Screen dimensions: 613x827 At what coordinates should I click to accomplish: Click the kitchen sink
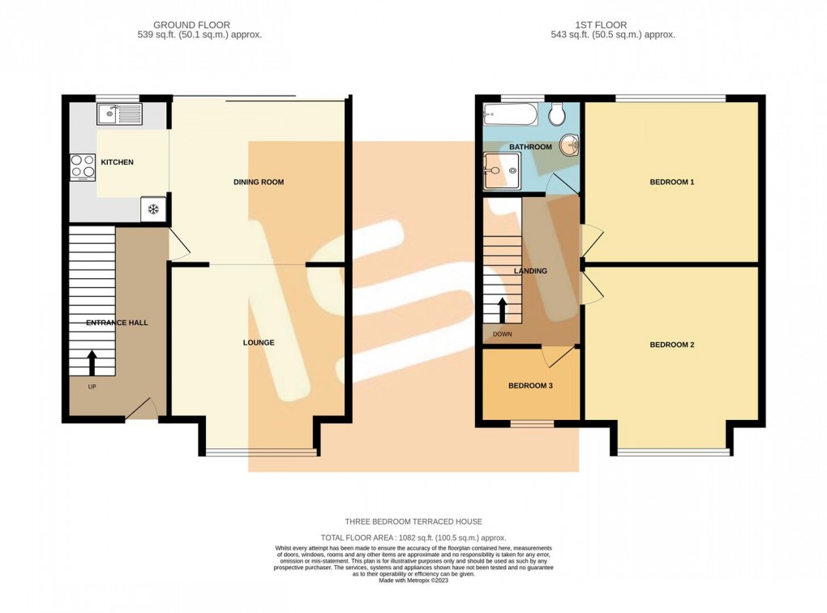click(x=118, y=114)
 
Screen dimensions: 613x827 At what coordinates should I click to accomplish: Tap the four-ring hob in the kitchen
click(x=82, y=165)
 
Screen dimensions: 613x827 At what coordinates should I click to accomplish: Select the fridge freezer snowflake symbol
click(x=152, y=209)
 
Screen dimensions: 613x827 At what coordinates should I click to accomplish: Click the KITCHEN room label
click(x=117, y=162)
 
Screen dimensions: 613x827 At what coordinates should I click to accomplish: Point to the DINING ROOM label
click(x=258, y=182)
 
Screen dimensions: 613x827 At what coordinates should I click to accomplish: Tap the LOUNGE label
click(x=259, y=343)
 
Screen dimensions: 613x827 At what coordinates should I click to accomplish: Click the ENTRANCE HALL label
click(x=117, y=323)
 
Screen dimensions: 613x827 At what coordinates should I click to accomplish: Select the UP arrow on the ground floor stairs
click(x=92, y=359)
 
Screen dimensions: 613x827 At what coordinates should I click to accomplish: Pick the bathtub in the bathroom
click(x=510, y=114)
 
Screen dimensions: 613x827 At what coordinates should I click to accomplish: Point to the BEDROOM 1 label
click(x=672, y=182)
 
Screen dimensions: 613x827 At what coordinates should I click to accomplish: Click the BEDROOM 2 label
click(x=672, y=345)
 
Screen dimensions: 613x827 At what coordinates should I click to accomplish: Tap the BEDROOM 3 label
click(x=530, y=386)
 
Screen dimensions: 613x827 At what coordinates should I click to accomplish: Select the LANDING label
click(x=530, y=271)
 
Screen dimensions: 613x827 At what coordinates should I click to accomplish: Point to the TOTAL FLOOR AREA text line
click(x=413, y=538)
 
